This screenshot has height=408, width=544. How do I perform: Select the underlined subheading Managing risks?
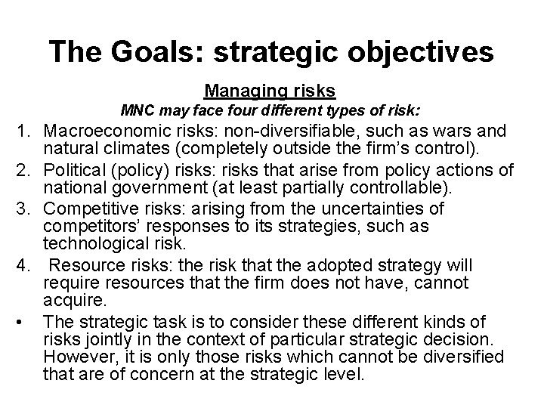[270, 91]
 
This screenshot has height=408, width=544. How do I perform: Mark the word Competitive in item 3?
[85, 208]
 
